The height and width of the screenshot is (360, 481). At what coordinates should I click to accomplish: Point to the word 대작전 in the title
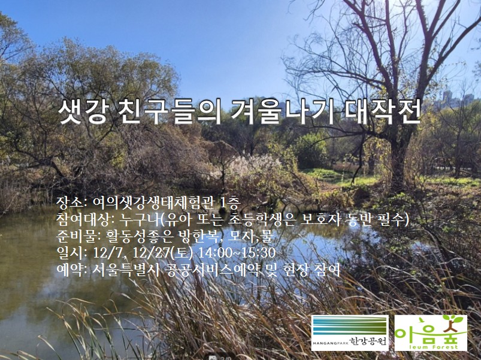coord(383,112)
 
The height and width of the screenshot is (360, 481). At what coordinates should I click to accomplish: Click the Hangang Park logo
coord(350,333)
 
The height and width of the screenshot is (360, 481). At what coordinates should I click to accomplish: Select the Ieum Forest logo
coord(430,333)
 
